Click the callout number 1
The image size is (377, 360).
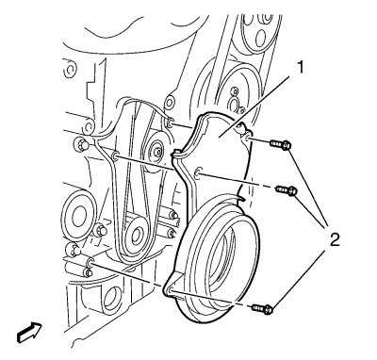point(301,68)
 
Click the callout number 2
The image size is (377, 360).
point(334,240)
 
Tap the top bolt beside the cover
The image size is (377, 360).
point(280,145)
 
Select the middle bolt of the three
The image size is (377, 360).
point(287,190)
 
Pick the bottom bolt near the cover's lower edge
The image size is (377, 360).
point(262,309)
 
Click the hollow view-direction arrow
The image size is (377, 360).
point(29,333)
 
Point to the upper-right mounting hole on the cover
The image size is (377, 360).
point(248,138)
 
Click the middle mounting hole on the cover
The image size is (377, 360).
point(198,173)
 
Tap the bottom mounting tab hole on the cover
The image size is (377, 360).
point(170,290)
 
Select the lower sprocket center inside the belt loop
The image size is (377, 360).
point(137,234)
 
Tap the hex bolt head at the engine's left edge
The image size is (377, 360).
point(80,144)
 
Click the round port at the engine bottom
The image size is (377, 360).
point(110,298)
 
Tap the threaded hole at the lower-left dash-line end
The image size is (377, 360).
point(90,264)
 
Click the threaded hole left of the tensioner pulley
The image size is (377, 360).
point(115,155)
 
